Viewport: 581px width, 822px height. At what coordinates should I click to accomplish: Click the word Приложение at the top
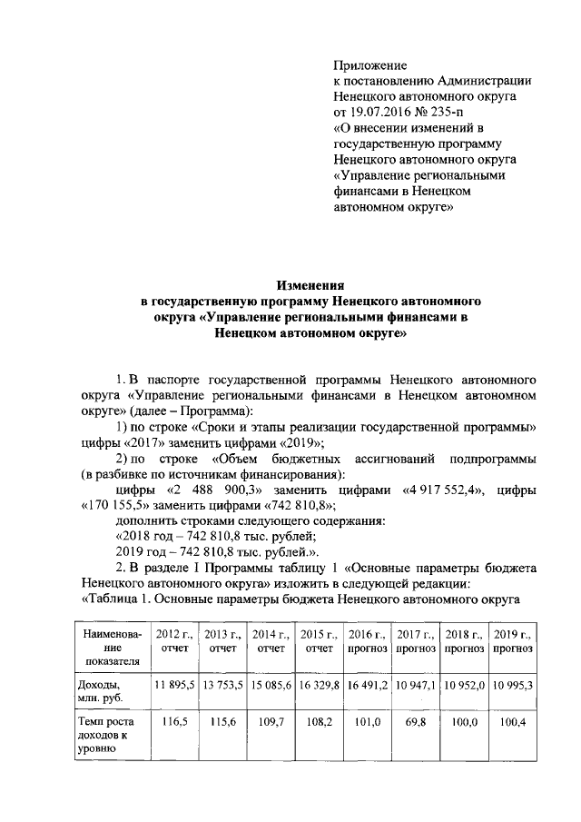click(x=370, y=65)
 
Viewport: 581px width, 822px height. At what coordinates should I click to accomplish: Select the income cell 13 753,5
click(x=222, y=684)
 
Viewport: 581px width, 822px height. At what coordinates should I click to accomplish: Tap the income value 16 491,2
click(x=368, y=684)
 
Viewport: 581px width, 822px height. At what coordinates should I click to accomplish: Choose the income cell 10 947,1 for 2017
click(x=416, y=684)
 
